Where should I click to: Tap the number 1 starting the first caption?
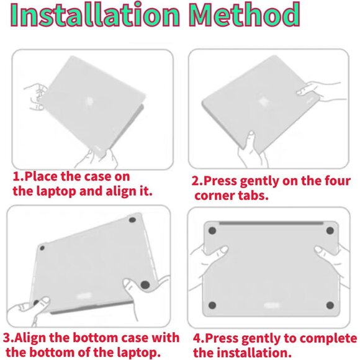[x=16, y=176]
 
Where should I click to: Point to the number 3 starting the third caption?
[x=7, y=338]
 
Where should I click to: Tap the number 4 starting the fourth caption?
[x=197, y=338]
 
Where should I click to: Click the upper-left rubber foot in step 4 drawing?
[x=211, y=231]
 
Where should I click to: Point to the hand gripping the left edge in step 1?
[x=35, y=99]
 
